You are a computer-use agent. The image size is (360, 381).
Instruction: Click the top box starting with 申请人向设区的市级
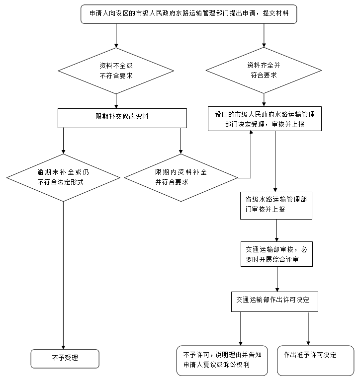(188, 14)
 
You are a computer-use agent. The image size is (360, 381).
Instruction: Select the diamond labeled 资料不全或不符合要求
(116, 71)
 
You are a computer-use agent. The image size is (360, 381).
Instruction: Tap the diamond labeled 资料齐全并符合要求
(264, 70)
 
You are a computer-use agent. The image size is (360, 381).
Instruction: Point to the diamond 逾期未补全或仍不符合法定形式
(63, 176)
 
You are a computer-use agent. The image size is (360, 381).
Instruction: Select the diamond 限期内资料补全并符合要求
(181, 176)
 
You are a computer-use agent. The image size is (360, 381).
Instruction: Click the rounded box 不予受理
(65, 358)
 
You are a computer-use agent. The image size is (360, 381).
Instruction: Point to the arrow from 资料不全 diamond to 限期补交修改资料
(116, 101)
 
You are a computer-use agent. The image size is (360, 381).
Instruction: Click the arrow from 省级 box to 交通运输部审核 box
(276, 230)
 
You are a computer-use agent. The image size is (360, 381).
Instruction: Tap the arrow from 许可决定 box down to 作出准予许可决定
(309, 328)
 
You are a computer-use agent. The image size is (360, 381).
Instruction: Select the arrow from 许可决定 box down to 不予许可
(241, 328)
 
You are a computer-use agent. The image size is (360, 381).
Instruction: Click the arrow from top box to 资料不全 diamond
(116, 35)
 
